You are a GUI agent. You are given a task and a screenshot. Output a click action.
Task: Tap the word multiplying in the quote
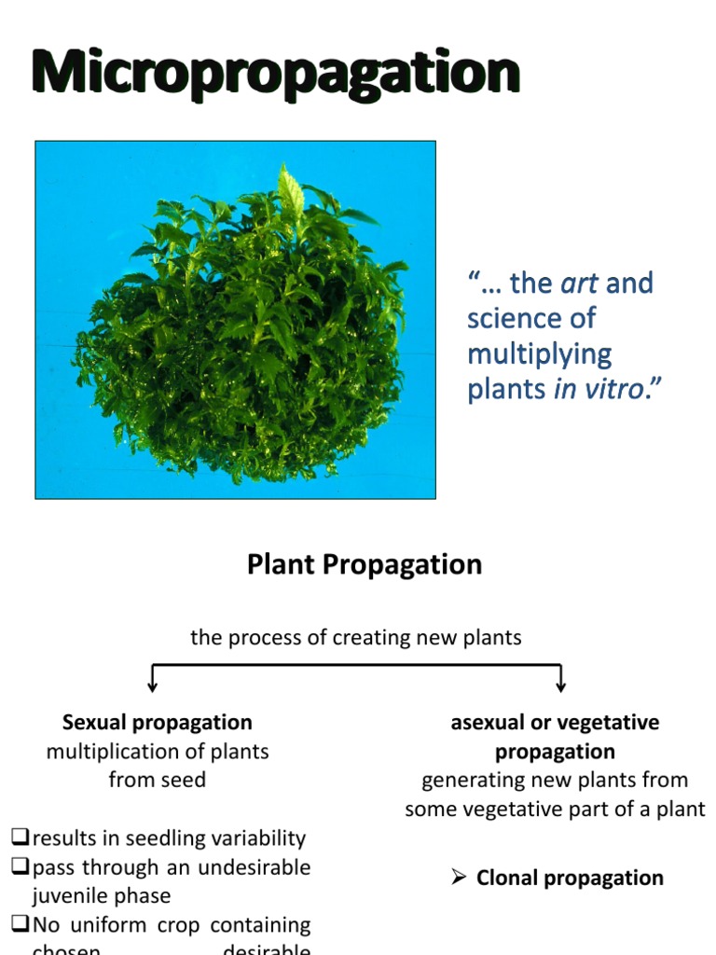coord(539,353)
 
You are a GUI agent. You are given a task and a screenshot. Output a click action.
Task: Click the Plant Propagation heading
coord(365,564)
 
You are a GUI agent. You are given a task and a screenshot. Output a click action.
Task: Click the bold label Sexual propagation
coord(158,722)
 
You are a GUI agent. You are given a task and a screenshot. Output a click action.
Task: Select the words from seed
coord(158,780)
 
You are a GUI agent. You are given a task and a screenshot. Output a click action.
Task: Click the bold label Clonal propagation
coord(570,878)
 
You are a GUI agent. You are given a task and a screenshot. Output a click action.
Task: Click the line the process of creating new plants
coord(356,638)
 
